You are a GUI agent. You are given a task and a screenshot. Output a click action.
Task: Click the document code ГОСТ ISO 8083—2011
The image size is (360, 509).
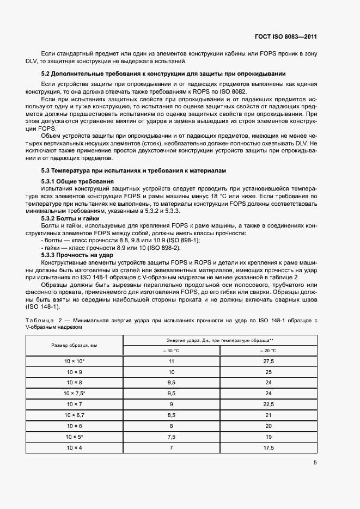[x=285, y=37]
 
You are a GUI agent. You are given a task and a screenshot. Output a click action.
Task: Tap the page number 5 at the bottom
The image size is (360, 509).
[x=315, y=463]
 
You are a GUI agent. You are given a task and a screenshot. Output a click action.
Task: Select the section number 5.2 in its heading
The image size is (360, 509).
[x=46, y=73]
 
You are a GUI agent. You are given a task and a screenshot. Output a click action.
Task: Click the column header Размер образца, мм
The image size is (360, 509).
[x=75, y=346]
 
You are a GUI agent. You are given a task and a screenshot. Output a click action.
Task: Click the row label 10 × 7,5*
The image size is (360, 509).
[x=75, y=392]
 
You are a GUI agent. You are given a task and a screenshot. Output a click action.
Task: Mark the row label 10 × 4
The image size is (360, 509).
[x=75, y=447]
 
